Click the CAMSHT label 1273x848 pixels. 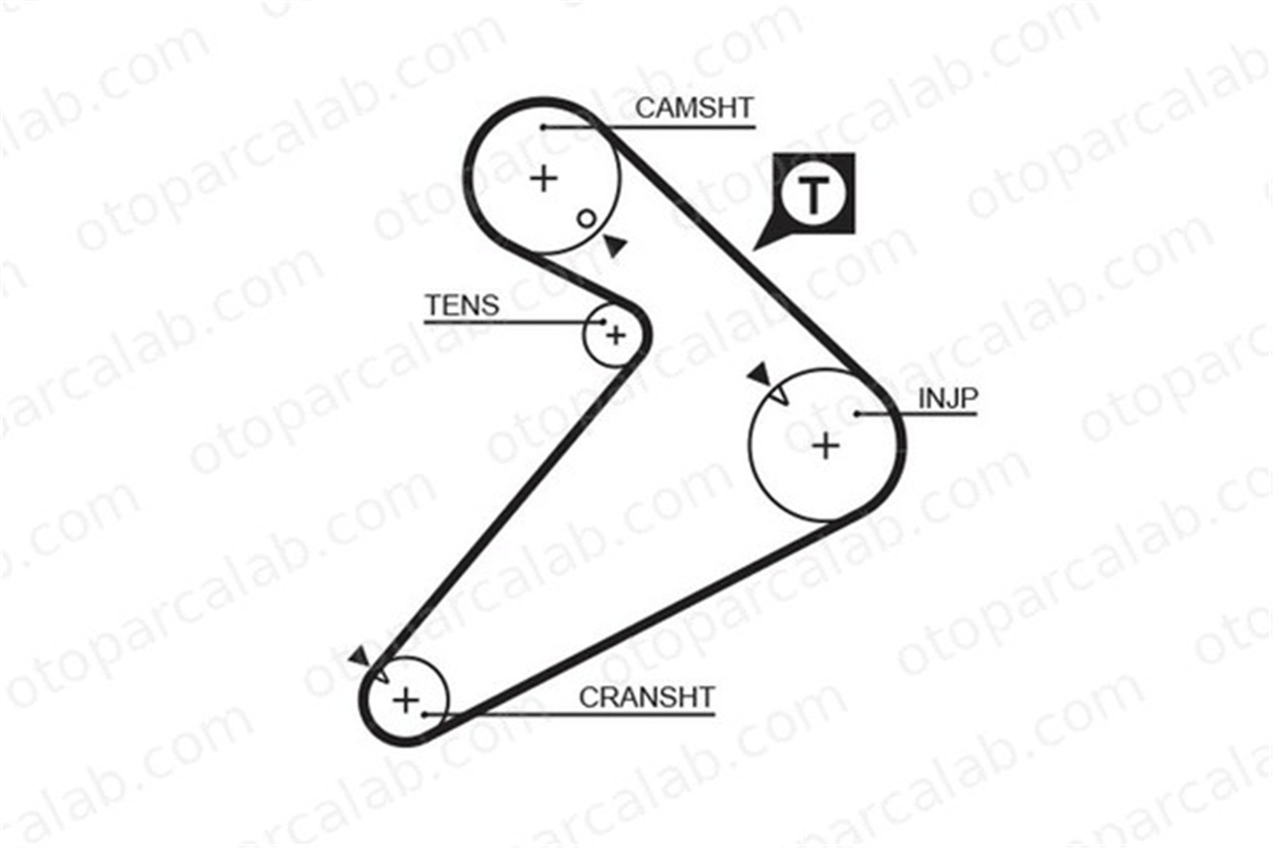(694, 108)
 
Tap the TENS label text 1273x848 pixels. (462, 305)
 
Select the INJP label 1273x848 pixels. (948, 399)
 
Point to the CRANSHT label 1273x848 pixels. (647, 697)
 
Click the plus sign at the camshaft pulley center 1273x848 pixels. (544, 179)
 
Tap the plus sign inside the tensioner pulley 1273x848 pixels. (615, 335)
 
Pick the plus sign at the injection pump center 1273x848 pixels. (826, 446)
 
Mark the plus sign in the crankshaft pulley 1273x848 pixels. (406, 701)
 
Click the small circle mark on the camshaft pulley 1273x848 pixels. (587, 219)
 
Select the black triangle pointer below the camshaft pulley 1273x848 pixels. (615, 245)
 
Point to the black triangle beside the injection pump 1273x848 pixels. (759, 375)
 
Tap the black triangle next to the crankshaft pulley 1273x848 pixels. (360, 657)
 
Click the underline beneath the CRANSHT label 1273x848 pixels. (570, 715)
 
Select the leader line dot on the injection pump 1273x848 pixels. (857, 414)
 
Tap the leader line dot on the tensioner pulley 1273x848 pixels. (603, 322)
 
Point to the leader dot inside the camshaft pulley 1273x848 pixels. (543, 127)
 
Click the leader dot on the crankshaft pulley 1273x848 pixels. (425, 715)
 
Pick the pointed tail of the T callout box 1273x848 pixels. (754, 249)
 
